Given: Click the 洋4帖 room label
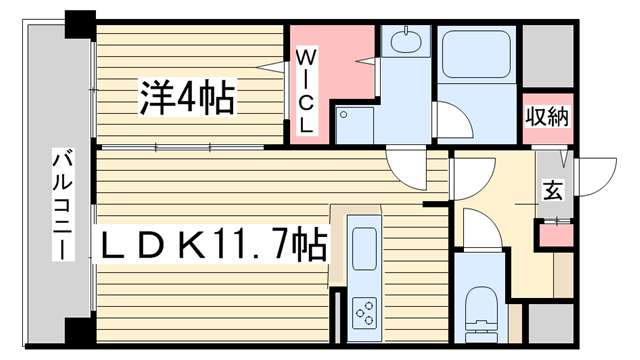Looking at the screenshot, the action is point(188,98).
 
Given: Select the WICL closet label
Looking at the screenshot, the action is point(305,91).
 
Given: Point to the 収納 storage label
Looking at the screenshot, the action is point(547,117).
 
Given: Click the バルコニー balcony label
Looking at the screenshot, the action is point(63,205).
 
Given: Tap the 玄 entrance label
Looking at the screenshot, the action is point(553,190).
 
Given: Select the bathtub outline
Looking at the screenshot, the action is point(477,54).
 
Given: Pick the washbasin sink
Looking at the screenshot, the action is point(406,40).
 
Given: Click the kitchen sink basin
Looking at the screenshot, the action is point(364,249).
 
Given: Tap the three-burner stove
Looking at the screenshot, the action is point(365,313).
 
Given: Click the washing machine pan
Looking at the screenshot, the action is point(355,125).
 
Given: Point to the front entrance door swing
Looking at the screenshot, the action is point(597,177).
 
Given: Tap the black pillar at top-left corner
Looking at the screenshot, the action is point(80,24).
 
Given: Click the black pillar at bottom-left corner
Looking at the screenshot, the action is point(80,332).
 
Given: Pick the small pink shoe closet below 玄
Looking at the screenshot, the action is point(556,235).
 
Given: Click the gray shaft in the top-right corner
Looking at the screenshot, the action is point(548,56).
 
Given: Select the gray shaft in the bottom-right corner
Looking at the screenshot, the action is point(551,323).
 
